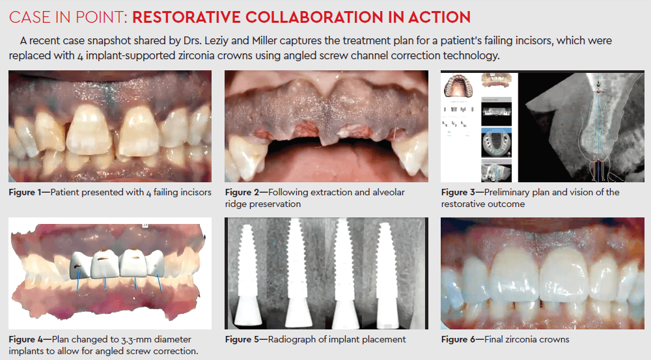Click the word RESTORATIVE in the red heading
[x=186, y=18]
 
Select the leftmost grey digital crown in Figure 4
[x=79, y=266]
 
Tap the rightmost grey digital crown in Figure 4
[x=156, y=263]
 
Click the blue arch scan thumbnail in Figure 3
[x=497, y=143]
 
